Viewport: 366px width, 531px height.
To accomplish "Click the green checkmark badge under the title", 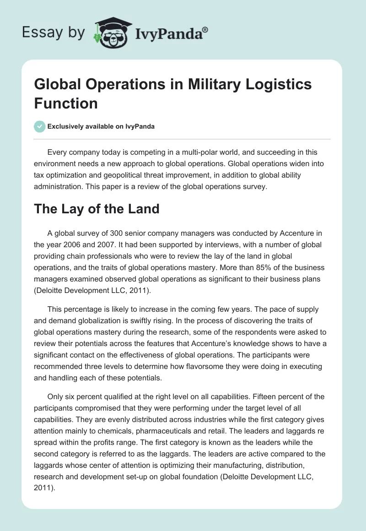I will tap(40, 126).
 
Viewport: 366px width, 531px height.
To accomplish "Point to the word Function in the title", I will tap(66, 103).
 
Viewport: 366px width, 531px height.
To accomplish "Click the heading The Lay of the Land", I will tap(97, 209).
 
